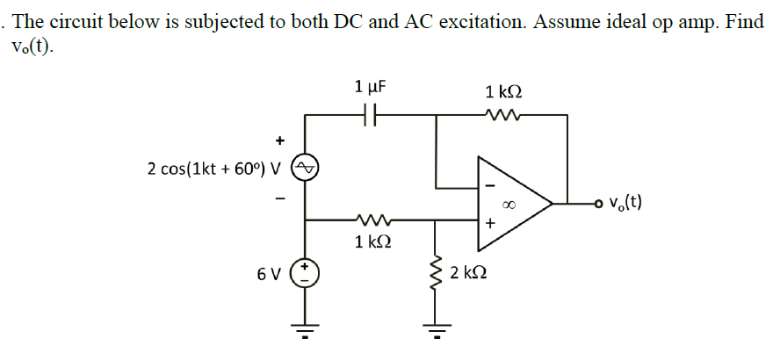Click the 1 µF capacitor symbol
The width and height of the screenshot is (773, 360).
[370, 115]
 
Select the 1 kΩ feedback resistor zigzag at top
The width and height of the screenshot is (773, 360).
[503, 115]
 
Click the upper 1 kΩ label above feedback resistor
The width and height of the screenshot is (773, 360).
[503, 91]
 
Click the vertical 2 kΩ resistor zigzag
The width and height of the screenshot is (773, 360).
[433, 273]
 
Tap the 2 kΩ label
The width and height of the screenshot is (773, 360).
[467, 273]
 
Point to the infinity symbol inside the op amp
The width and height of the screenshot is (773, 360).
[507, 204]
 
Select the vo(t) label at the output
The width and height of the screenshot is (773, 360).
[625, 204]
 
